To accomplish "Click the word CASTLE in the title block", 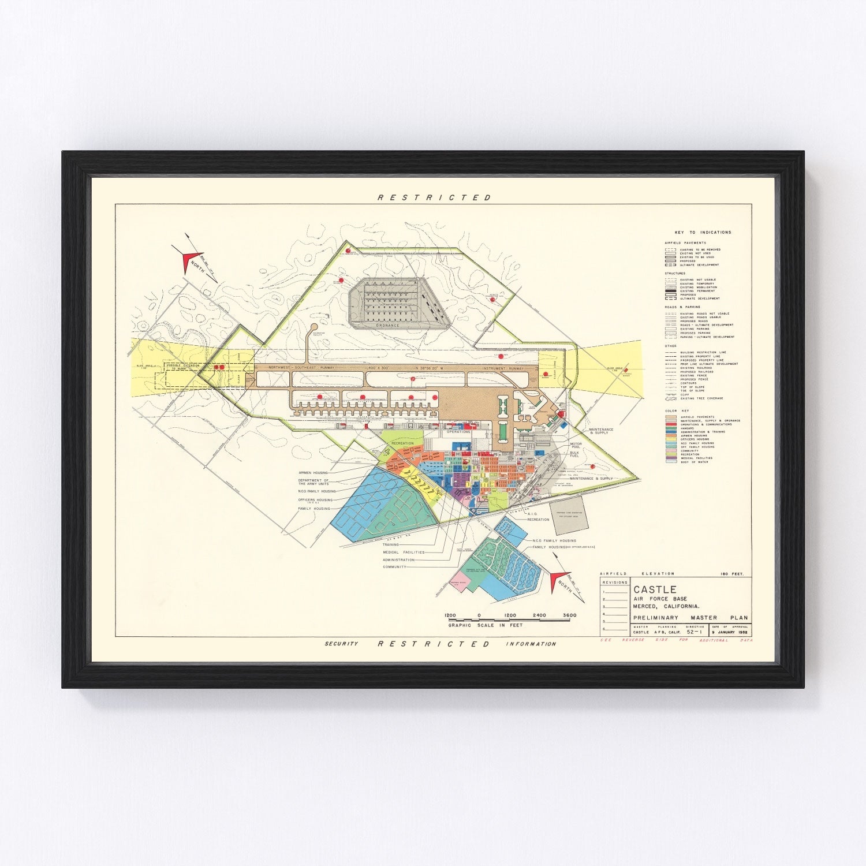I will tap(647, 589).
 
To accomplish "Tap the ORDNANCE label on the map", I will tap(388, 326).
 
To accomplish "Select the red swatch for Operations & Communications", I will tap(671, 424).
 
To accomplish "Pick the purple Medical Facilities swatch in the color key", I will tap(671, 458).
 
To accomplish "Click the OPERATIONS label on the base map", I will tap(458, 431).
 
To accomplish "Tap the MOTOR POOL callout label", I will tap(576, 446).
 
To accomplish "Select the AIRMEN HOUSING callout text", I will tap(313, 472).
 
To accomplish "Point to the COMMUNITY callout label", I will tap(394, 567).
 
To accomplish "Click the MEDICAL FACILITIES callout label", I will tap(404, 553).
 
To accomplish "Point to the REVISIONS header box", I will tap(614, 582).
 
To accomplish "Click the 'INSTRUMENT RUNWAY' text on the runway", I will tap(504, 368).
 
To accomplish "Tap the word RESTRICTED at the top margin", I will tap(434, 197).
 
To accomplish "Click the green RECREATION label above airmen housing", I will tap(402, 443).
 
